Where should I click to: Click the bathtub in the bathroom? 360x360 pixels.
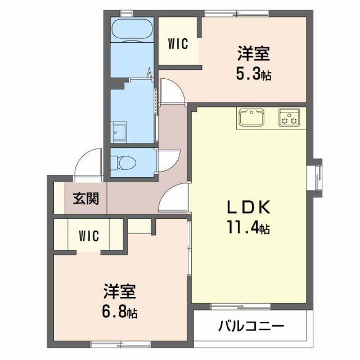click(132, 30)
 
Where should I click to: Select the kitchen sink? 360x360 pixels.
click(251, 118)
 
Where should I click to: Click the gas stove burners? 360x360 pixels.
click(289, 118)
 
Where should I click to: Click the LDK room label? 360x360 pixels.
click(248, 207)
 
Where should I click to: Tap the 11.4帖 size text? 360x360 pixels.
click(248, 227)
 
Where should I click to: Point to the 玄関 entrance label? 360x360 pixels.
click(86, 199)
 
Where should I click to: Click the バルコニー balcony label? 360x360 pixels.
click(251, 326)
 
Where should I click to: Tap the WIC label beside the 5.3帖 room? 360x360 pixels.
click(178, 44)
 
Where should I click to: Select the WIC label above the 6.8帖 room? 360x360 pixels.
click(89, 236)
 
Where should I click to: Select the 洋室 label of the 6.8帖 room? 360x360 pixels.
click(120, 291)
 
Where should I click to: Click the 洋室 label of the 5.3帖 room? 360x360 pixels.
click(254, 53)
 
